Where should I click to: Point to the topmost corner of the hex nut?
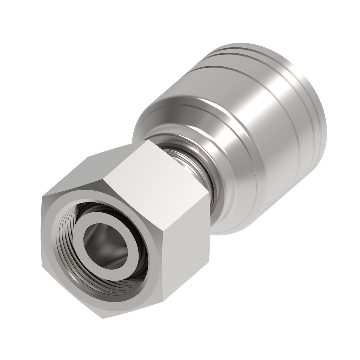(x=148, y=140)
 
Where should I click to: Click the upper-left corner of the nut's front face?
(x=43, y=197)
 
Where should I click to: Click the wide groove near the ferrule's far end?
(x=290, y=80)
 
